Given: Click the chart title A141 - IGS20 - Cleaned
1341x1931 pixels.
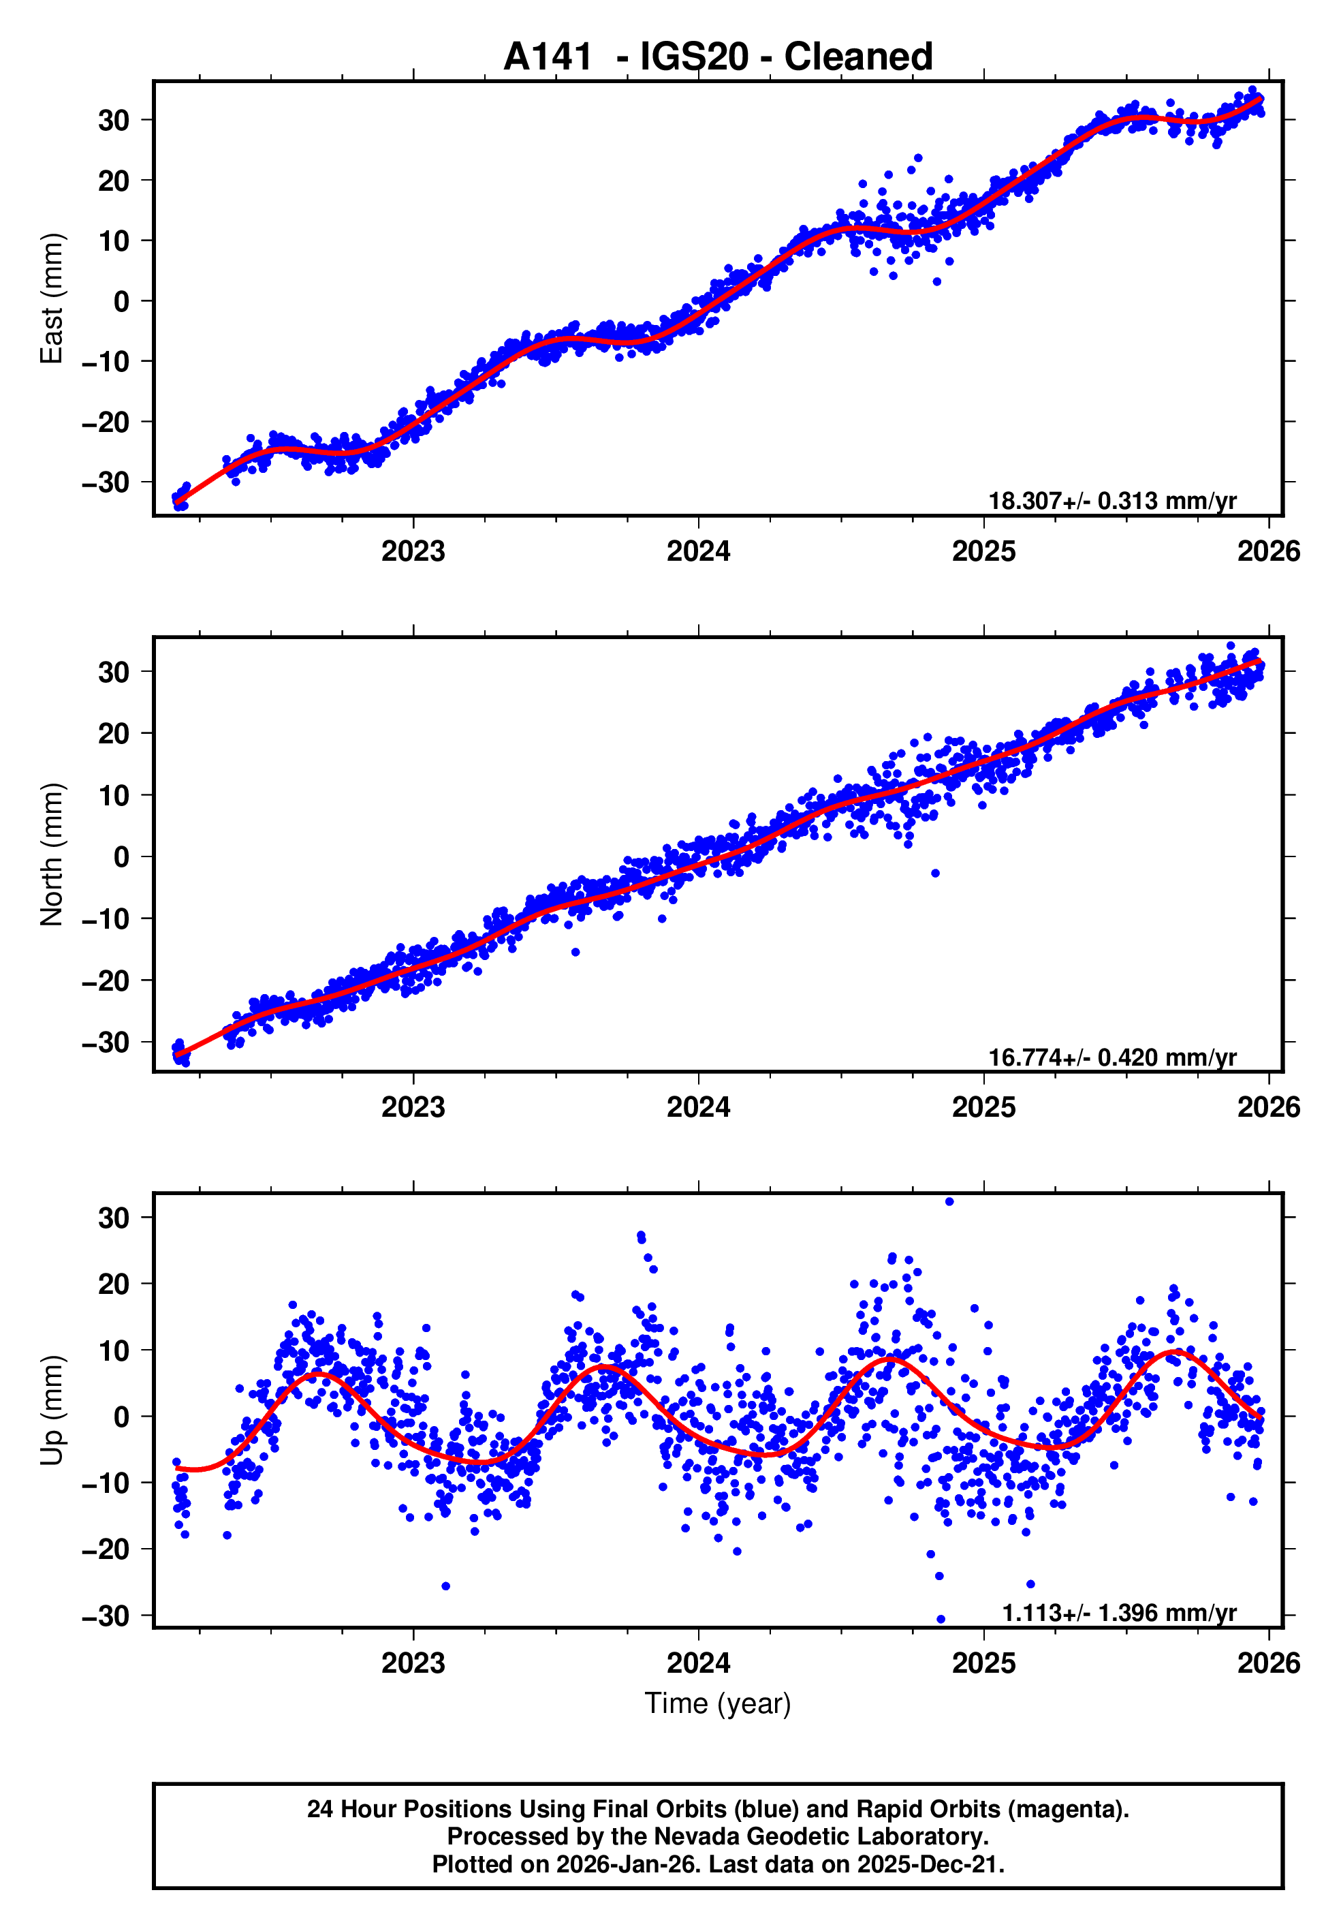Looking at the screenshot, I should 718,57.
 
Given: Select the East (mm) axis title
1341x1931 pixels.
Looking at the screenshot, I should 52,298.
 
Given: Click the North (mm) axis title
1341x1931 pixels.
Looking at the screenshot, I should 52,854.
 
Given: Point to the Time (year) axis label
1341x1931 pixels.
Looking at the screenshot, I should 718,1703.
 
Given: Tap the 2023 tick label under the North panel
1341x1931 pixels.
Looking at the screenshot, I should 413,1107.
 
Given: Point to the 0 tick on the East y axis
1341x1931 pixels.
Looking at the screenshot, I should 122,301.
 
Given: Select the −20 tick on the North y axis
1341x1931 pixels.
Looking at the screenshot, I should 106,980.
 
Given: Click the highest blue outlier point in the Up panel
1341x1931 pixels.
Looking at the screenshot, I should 949,1202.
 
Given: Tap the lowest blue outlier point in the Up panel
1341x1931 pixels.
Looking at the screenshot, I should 941,1619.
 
